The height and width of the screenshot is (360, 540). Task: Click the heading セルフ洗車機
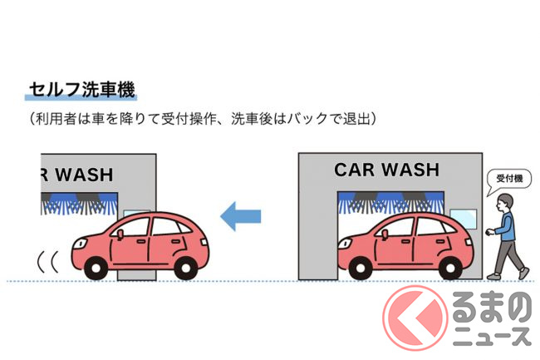tap(81, 88)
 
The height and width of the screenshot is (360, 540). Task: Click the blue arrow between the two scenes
tap(240, 216)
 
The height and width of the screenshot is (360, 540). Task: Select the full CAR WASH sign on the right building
tap(386, 170)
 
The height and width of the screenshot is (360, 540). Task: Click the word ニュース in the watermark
tap(494, 336)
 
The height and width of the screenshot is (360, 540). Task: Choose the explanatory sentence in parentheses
tap(204, 118)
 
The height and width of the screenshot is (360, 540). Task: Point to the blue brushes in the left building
tap(80, 200)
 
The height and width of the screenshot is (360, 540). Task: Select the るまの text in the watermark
tap(494, 308)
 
